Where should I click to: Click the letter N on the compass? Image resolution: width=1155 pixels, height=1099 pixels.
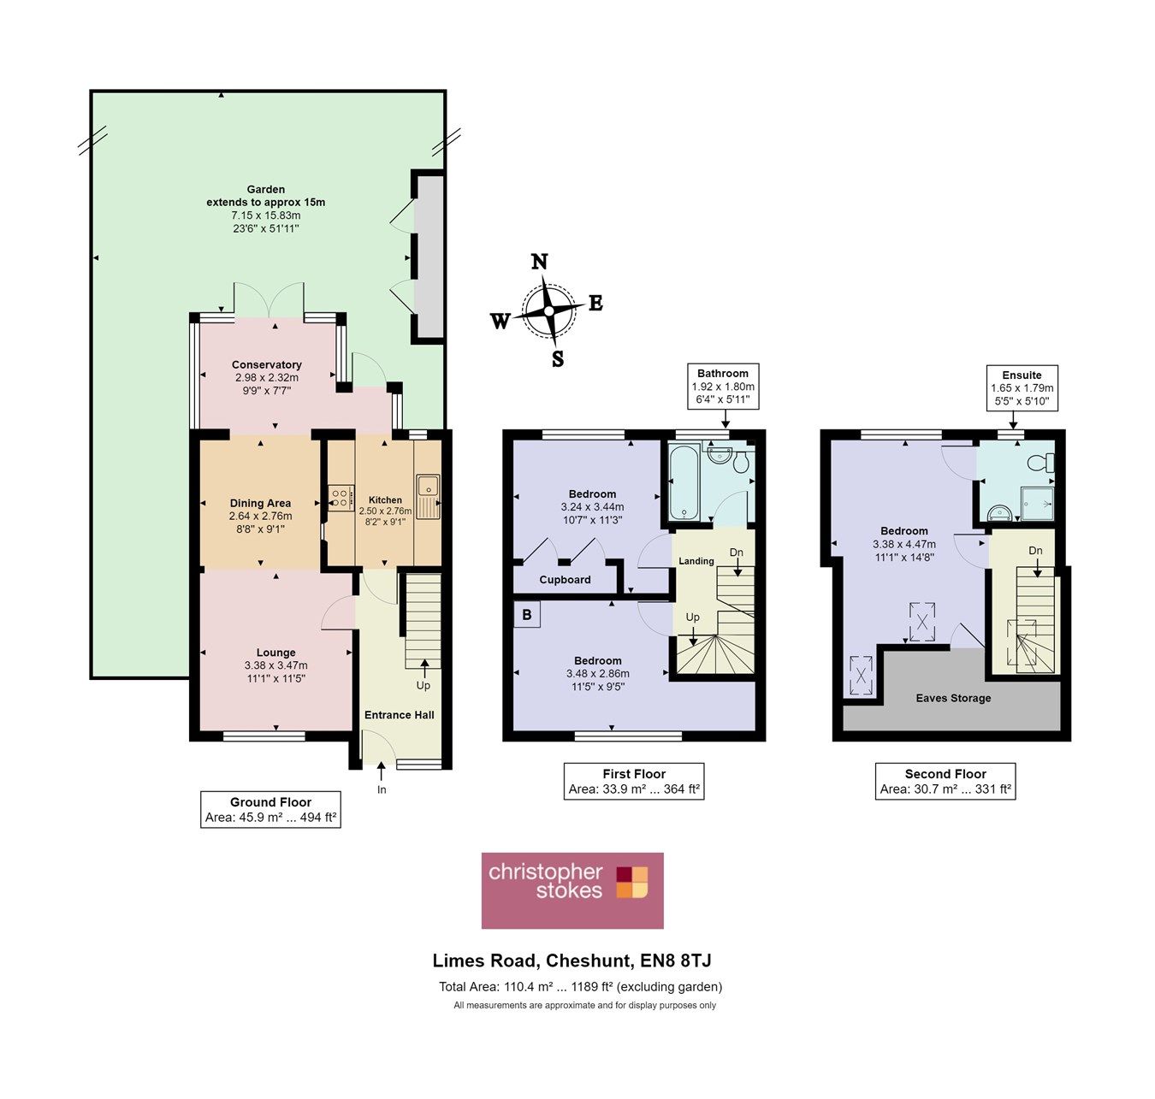coord(539,262)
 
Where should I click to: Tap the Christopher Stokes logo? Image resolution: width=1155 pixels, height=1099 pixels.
coord(572,890)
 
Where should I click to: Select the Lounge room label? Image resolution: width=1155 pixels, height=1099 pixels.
coord(275,653)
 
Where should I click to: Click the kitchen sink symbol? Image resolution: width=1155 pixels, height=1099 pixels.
coord(427,497)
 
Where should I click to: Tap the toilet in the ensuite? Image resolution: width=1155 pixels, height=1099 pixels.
coord(1043,463)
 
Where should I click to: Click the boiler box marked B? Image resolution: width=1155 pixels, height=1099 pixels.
coord(527,615)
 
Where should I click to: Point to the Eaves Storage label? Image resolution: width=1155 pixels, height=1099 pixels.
coord(953,698)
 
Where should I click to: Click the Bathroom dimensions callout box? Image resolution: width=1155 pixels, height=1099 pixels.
coord(723,387)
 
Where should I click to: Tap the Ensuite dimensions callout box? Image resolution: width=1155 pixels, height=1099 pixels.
coord(1022,388)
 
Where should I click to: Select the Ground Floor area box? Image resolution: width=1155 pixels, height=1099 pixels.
coord(270,810)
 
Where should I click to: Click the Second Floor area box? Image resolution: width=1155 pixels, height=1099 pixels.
coord(945,782)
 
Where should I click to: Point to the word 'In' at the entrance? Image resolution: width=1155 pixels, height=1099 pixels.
coord(382,789)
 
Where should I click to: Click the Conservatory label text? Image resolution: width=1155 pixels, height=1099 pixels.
coord(267,364)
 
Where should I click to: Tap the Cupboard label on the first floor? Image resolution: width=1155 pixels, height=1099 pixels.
coord(565,580)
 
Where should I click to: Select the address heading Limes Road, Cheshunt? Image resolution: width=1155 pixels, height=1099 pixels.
coord(572,961)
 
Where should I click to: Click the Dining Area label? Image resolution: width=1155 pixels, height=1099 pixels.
coord(260,503)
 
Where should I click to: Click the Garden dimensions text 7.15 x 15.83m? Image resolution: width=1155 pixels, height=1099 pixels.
coord(265,216)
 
